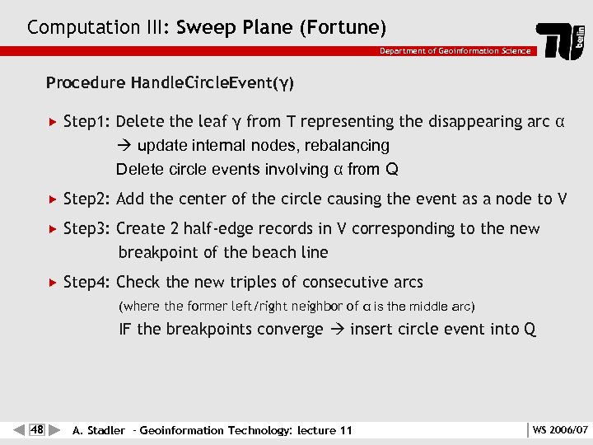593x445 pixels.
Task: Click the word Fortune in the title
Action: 343,27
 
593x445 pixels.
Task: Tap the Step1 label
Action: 87,122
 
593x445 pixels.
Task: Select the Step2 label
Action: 87,199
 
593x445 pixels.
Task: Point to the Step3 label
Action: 87,228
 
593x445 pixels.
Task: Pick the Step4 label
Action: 87,282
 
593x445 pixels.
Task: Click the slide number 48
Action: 37,429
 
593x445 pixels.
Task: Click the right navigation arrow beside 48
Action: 54,429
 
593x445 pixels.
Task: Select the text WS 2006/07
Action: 560,429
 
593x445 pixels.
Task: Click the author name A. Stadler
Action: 99,430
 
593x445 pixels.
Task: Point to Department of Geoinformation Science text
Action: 455,51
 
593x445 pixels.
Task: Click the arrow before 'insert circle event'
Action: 336,330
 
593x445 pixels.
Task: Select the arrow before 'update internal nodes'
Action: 125,146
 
